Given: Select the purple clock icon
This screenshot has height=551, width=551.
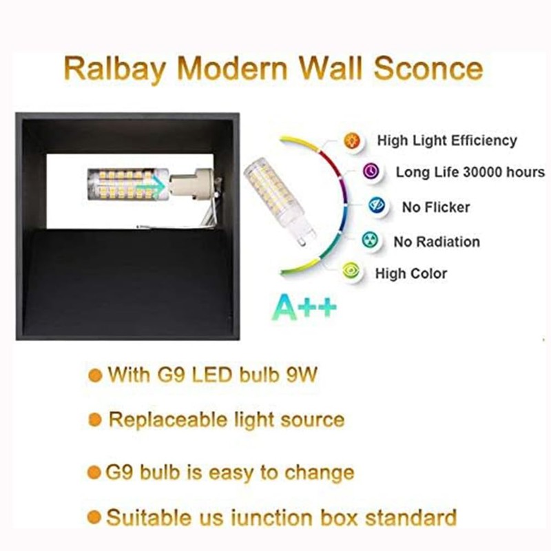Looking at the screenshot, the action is coord(372,171).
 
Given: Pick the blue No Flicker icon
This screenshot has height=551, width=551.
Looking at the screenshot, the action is coord(375,205).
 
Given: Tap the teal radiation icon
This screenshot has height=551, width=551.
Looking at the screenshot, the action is coord(370,240).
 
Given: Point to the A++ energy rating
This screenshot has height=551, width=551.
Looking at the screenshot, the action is coord(307,306).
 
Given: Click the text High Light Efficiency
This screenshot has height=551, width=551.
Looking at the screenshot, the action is coord(446,141).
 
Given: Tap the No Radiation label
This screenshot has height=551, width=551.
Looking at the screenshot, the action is coord(437,242).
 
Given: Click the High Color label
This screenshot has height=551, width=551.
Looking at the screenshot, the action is coord(411,273).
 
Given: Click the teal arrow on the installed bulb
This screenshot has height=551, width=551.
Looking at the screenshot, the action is coord(157,185).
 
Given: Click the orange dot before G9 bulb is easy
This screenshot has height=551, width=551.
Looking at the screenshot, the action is coord(94,472).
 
